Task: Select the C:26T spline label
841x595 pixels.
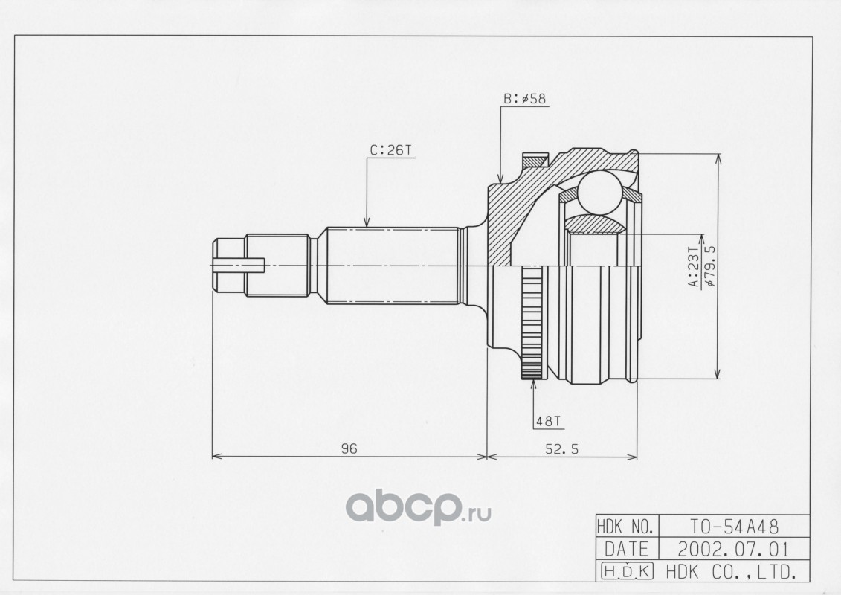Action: [390, 150]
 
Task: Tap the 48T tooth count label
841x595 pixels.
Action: [548, 422]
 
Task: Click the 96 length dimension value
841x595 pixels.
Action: [349, 448]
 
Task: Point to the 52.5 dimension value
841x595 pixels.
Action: [562, 449]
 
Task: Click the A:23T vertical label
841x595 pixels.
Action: [694, 268]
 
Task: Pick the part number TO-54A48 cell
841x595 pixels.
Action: [734, 527]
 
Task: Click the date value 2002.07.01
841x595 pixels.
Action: [734, 550]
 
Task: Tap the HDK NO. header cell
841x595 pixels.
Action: [625, 527]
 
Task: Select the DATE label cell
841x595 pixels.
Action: [626, 550]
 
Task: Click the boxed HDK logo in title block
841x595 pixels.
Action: [627, 571]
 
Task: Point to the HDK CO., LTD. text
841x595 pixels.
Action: [730, 572]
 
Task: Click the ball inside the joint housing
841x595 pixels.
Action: [599, 193]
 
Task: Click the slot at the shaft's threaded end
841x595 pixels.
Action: [239, 266]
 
